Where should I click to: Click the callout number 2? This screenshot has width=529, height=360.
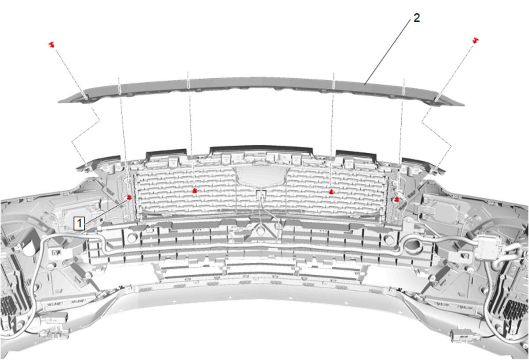click(417, 18)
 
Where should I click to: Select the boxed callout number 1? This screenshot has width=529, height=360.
click(79, 223)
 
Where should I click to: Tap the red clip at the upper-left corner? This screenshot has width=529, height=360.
click(52, 45)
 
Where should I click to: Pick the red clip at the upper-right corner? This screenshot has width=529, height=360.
click(476, 40)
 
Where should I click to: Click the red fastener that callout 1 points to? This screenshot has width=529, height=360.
click(129, 197)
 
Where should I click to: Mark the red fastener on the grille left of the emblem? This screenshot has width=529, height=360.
click(194, 191)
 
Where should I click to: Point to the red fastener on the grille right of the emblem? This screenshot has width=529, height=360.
click(331, 192)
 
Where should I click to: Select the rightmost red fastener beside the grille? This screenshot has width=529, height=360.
click(397, 200)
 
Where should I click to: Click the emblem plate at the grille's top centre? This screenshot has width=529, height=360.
click(261, 175)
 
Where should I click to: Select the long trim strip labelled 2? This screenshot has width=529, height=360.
click(261, 89)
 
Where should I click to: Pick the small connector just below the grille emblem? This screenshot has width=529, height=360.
click(262, 194)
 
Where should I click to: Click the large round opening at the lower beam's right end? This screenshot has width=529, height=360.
click(413, 246)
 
